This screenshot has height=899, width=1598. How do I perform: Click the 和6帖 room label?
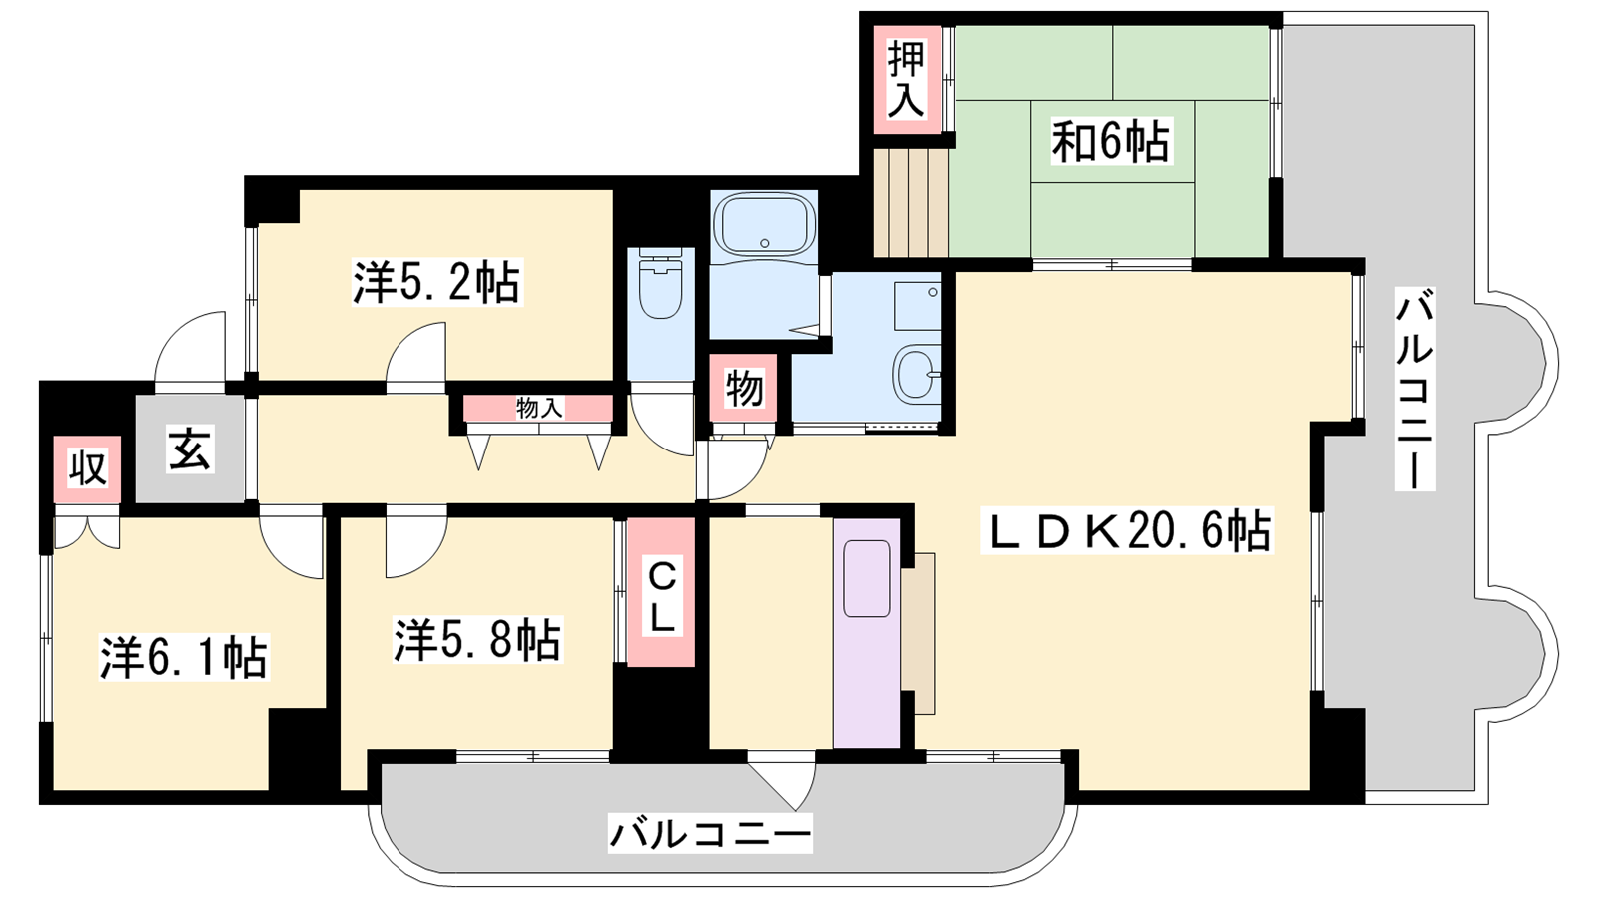1111,142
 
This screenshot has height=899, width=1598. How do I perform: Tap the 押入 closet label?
906,79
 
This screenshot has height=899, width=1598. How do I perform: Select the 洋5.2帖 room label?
436,282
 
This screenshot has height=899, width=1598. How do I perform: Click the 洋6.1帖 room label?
184,657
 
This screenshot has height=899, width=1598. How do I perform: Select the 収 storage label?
87,468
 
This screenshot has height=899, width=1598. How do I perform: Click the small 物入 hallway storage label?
539,409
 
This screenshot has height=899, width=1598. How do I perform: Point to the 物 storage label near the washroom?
744,389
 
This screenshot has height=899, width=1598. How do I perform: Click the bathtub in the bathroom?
764,224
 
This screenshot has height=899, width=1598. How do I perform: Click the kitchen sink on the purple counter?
867,578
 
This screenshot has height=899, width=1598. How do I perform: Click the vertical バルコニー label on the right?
1415,389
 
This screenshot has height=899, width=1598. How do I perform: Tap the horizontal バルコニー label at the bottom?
710,833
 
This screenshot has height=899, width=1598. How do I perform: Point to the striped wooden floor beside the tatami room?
910,201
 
